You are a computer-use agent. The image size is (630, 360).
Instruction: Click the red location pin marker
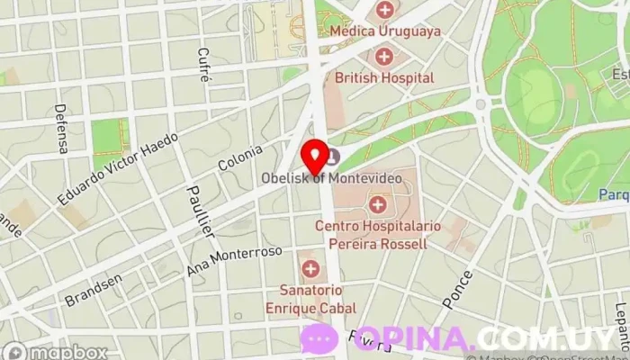pos(315,157)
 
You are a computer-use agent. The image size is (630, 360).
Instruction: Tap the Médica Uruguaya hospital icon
pos(385,11)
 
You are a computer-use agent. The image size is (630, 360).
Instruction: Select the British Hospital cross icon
pos(384,58)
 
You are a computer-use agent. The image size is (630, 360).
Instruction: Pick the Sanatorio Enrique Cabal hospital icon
pos(310,269)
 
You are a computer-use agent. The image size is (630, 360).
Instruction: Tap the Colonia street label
pos(240,158)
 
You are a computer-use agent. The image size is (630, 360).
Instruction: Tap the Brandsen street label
pos(93,293)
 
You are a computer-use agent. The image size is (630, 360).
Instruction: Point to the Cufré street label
pos(204,67)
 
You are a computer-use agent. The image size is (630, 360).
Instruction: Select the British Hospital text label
pos(384,78)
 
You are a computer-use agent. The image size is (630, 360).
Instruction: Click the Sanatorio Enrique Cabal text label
pos(310,300)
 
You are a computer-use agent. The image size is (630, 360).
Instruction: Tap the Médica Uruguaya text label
pos(385,31)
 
